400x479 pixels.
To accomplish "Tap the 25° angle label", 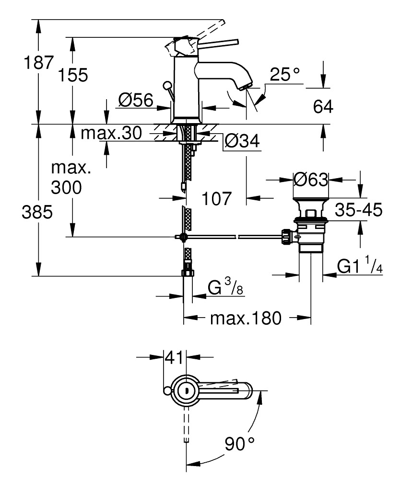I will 284,74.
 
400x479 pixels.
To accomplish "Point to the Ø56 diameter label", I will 135,100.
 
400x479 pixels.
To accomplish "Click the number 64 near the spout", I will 323,107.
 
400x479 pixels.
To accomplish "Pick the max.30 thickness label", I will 111,133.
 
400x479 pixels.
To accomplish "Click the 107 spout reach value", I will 215,197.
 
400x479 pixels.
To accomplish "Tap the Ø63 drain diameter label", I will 310,180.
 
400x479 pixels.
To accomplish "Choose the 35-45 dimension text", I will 359,209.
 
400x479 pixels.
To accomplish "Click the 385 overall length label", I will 37,212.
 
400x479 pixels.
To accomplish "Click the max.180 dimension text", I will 246,318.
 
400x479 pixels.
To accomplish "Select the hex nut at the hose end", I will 187,273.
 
